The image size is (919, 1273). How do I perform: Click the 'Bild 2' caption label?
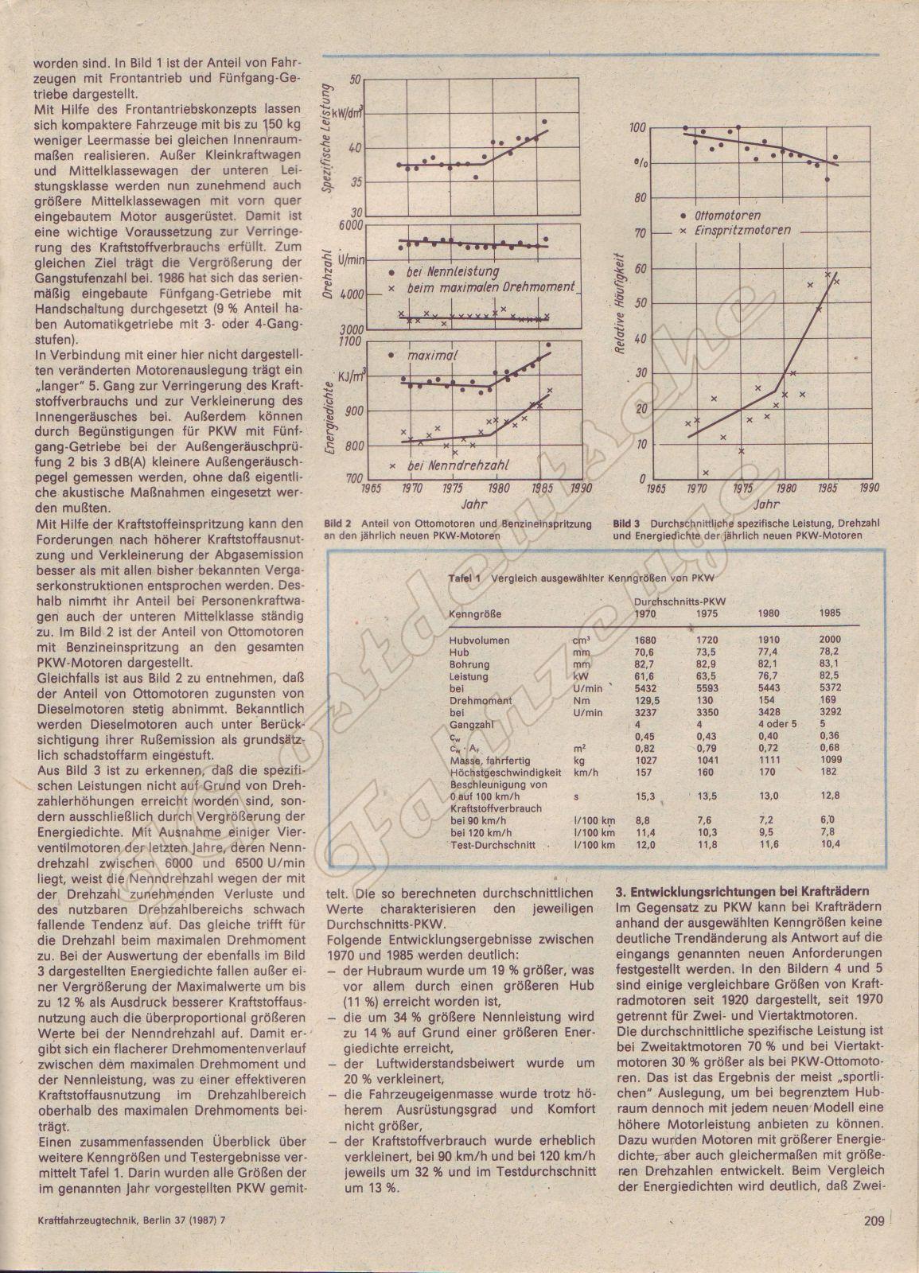(337, 524)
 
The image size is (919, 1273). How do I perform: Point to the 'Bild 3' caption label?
(627, 524)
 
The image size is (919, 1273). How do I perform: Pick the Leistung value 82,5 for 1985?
(829, 675)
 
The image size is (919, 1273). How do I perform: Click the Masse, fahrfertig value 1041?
(709, 761)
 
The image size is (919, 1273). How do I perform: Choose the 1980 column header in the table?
(769, 613)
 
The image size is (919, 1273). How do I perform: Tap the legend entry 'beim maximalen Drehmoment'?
(490, 287)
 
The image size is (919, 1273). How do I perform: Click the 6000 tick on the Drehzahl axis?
(347, 225)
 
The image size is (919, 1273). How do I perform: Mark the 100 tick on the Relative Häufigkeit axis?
(637, 127)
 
